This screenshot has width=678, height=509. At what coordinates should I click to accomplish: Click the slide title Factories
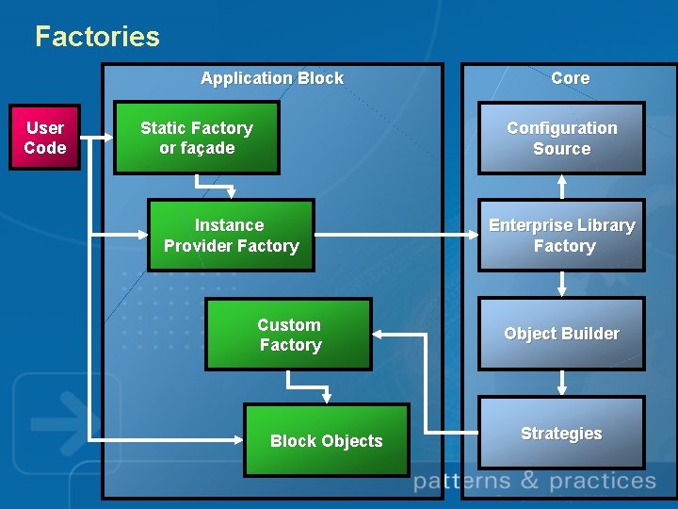tap(97, 37)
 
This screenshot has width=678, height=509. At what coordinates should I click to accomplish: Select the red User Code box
tap(44, 138)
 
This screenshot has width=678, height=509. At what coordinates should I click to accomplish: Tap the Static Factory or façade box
tap(197, 138)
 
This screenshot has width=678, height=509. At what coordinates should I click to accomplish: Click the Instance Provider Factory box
tap(231, 236)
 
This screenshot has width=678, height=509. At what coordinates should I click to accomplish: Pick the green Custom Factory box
tap(289, 335)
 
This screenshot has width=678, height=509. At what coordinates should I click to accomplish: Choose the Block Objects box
tap(326, 440)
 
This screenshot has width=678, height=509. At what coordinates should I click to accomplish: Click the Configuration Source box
tap(561, 139)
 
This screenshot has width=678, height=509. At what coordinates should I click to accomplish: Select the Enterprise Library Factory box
tap(561, 236)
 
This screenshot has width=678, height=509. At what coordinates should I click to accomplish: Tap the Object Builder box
tap(561, 334)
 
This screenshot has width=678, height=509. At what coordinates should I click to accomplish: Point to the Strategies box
tap(561, 434)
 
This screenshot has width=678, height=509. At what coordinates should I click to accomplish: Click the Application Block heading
tap(272, 78)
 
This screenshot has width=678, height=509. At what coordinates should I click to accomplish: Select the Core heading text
tap(570, 78)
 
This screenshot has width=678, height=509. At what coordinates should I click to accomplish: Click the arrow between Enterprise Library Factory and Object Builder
tap(562, 284)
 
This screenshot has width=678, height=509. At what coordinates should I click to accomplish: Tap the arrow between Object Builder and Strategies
tap(562, 382)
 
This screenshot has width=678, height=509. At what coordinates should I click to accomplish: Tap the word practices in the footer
tap(602, 481)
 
